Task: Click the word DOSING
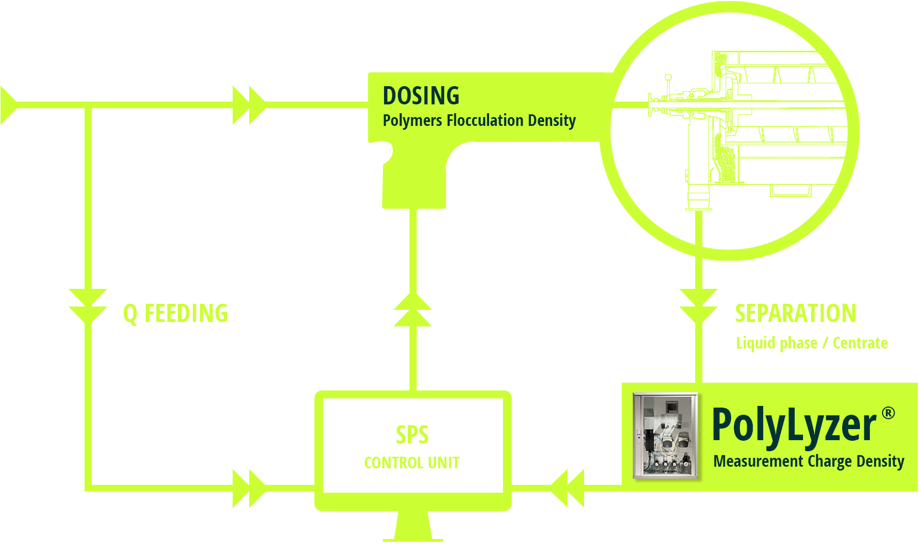[x=421, y=96]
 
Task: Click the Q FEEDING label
[x=175, y=313]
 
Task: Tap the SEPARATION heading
[x=795, y=313]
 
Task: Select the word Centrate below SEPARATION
[x=859, y=343]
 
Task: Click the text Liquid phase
[x=776, y=343]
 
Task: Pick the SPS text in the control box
[x=411, y=434]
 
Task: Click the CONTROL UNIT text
[x=415, y=462]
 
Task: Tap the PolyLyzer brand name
[x=794, y=425]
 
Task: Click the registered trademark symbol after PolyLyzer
[x=888, y=413]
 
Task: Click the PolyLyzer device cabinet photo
[x=666, y=436]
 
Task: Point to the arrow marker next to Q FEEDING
[x=88, y=307]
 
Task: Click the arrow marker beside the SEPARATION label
[x=699, y=307]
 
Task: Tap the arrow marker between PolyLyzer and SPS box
[x=566, y=488]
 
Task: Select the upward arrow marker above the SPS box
[x=413, y=308]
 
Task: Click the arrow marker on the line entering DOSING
[x=249, y=105]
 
